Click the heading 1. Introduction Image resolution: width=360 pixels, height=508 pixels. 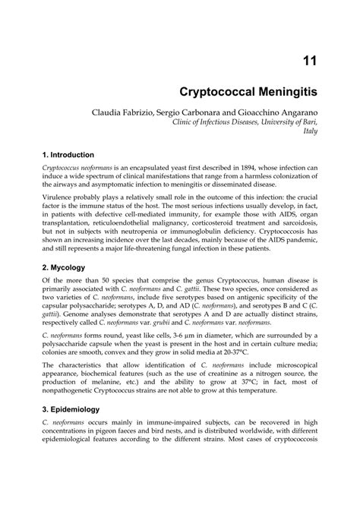pyautogui.click(x=68, y=154)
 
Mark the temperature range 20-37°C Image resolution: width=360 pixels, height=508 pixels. pyautogui.click(x=241, y=352)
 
